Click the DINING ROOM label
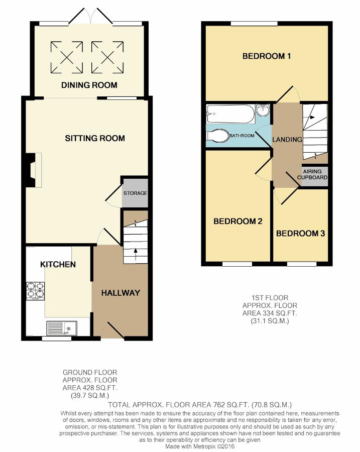(89, 85)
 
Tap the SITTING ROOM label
(95, 139)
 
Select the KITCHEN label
(58, 264)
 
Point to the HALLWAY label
(121, 293)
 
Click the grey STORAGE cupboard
(135, 193)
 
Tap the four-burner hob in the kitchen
(36, 291)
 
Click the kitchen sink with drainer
(61, 328)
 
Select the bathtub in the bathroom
(230, 114)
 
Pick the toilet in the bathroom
(217, 136)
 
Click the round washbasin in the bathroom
(263, 110)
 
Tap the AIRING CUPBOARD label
(312, 174)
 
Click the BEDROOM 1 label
(267, 56)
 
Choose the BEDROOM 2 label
(238, 221)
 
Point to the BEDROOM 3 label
(300, 233)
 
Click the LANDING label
(287, 140)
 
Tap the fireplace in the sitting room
(34, 170)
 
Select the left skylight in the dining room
(67, 57)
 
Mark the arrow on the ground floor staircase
(135, 255)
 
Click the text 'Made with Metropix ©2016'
(200, 446)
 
